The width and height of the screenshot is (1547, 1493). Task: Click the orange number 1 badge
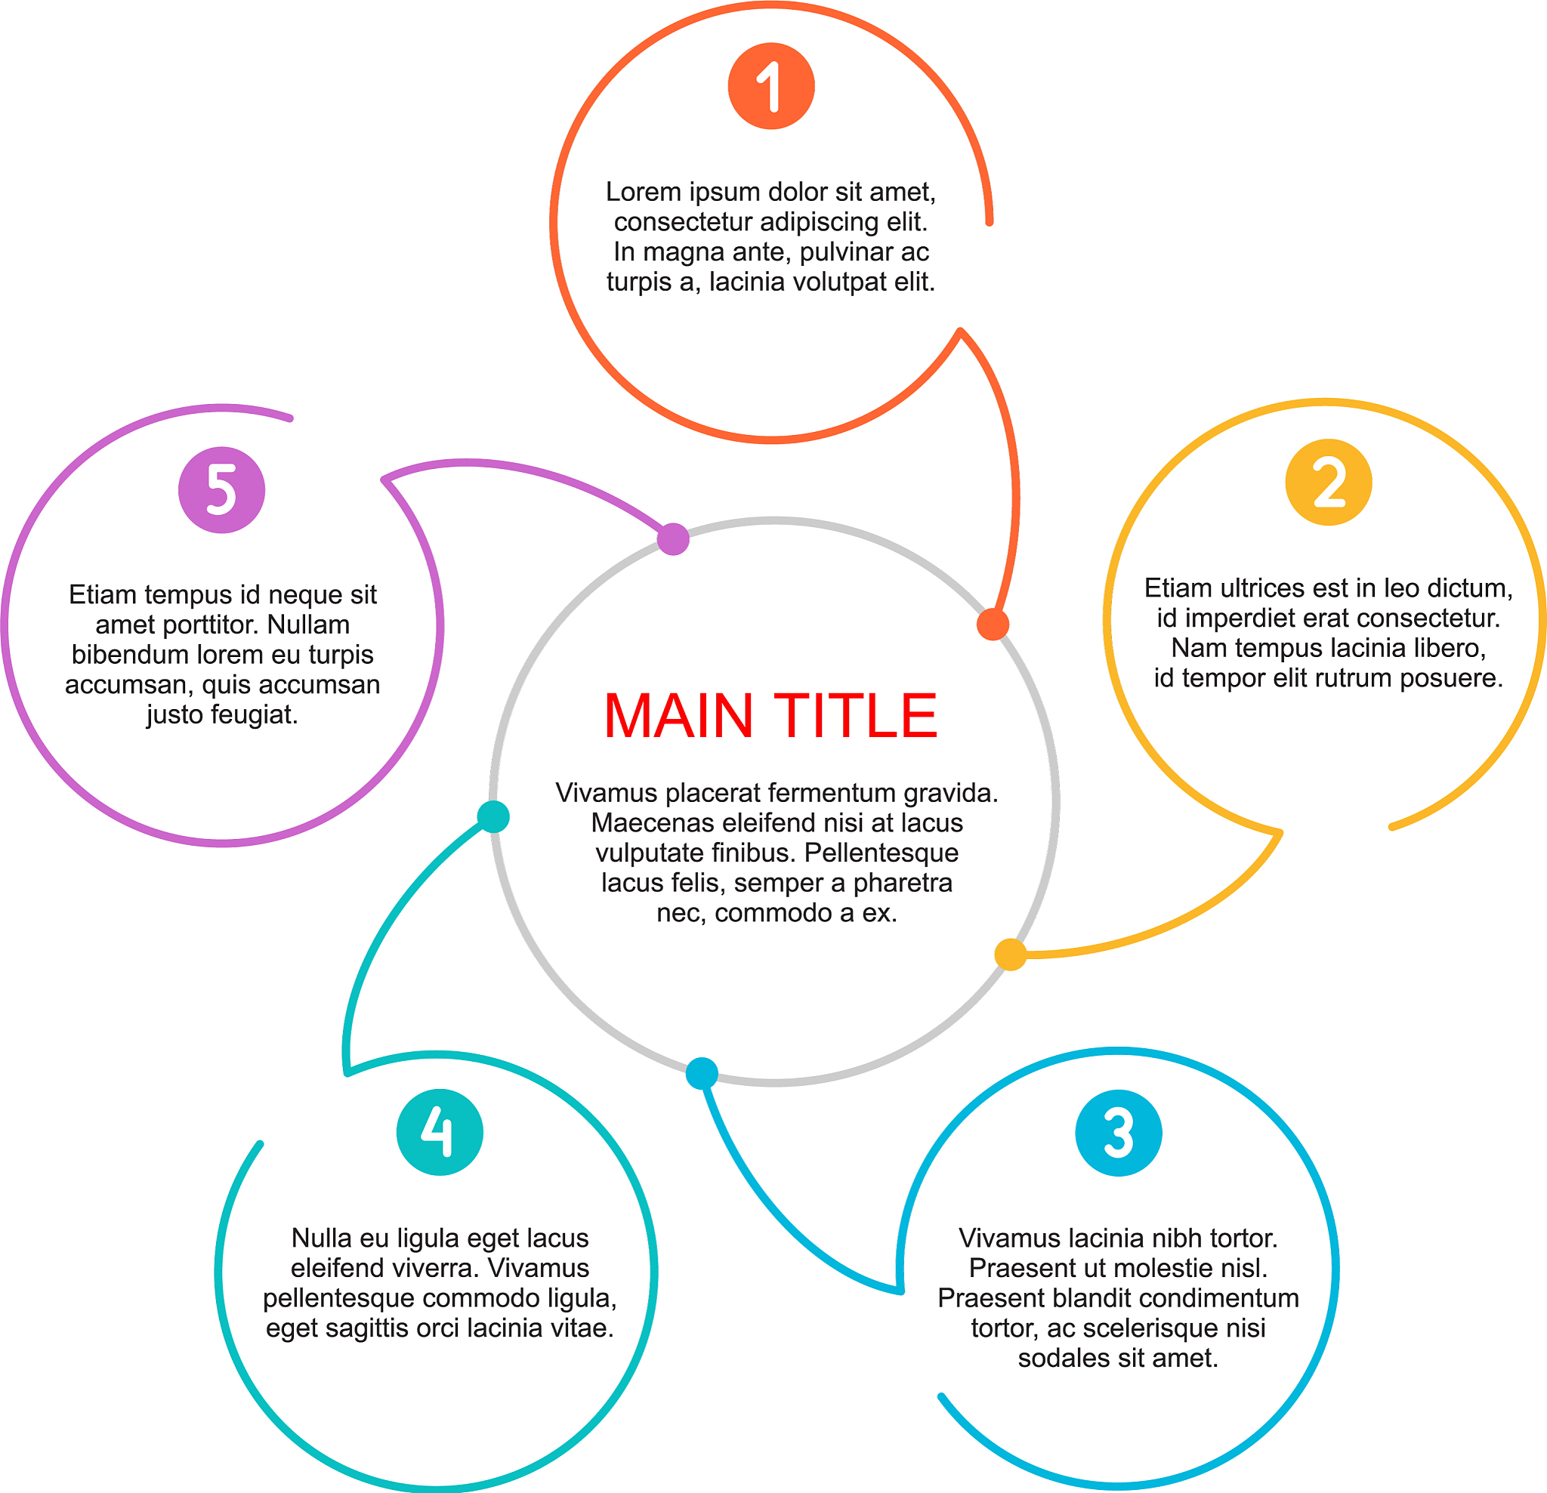click(x=771, y=86)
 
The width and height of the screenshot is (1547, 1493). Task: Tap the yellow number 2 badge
click(x=1329, y=482)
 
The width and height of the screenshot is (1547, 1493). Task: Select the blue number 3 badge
click(x=1119, y=1134)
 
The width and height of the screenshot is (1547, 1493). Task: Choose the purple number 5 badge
click(x=222, y=490)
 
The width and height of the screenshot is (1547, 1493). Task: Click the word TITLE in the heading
click(x=856, y=717)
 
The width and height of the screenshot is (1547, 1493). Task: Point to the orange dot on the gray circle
click(x=993, y=625)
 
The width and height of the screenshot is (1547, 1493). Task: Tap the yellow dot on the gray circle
click(x=1010, y=954)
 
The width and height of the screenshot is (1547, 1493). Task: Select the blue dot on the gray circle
click(x=702, y=1073)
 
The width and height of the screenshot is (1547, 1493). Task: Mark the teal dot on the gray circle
click(x=493, y=816)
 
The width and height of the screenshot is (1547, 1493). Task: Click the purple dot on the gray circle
click(x=673, y=539)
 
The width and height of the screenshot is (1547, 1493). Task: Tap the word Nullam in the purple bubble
click(x=309, y=625)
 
